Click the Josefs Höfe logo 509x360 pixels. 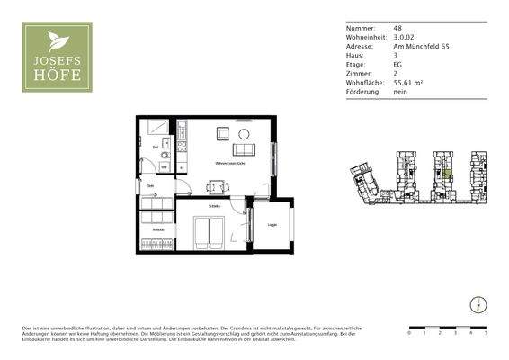57,58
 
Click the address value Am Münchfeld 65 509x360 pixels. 422,45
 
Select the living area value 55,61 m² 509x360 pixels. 409,83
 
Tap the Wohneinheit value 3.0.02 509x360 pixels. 403,36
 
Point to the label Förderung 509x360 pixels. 363,92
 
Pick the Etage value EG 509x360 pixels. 397,64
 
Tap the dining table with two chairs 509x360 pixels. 218,187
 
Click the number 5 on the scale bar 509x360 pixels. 486,333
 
